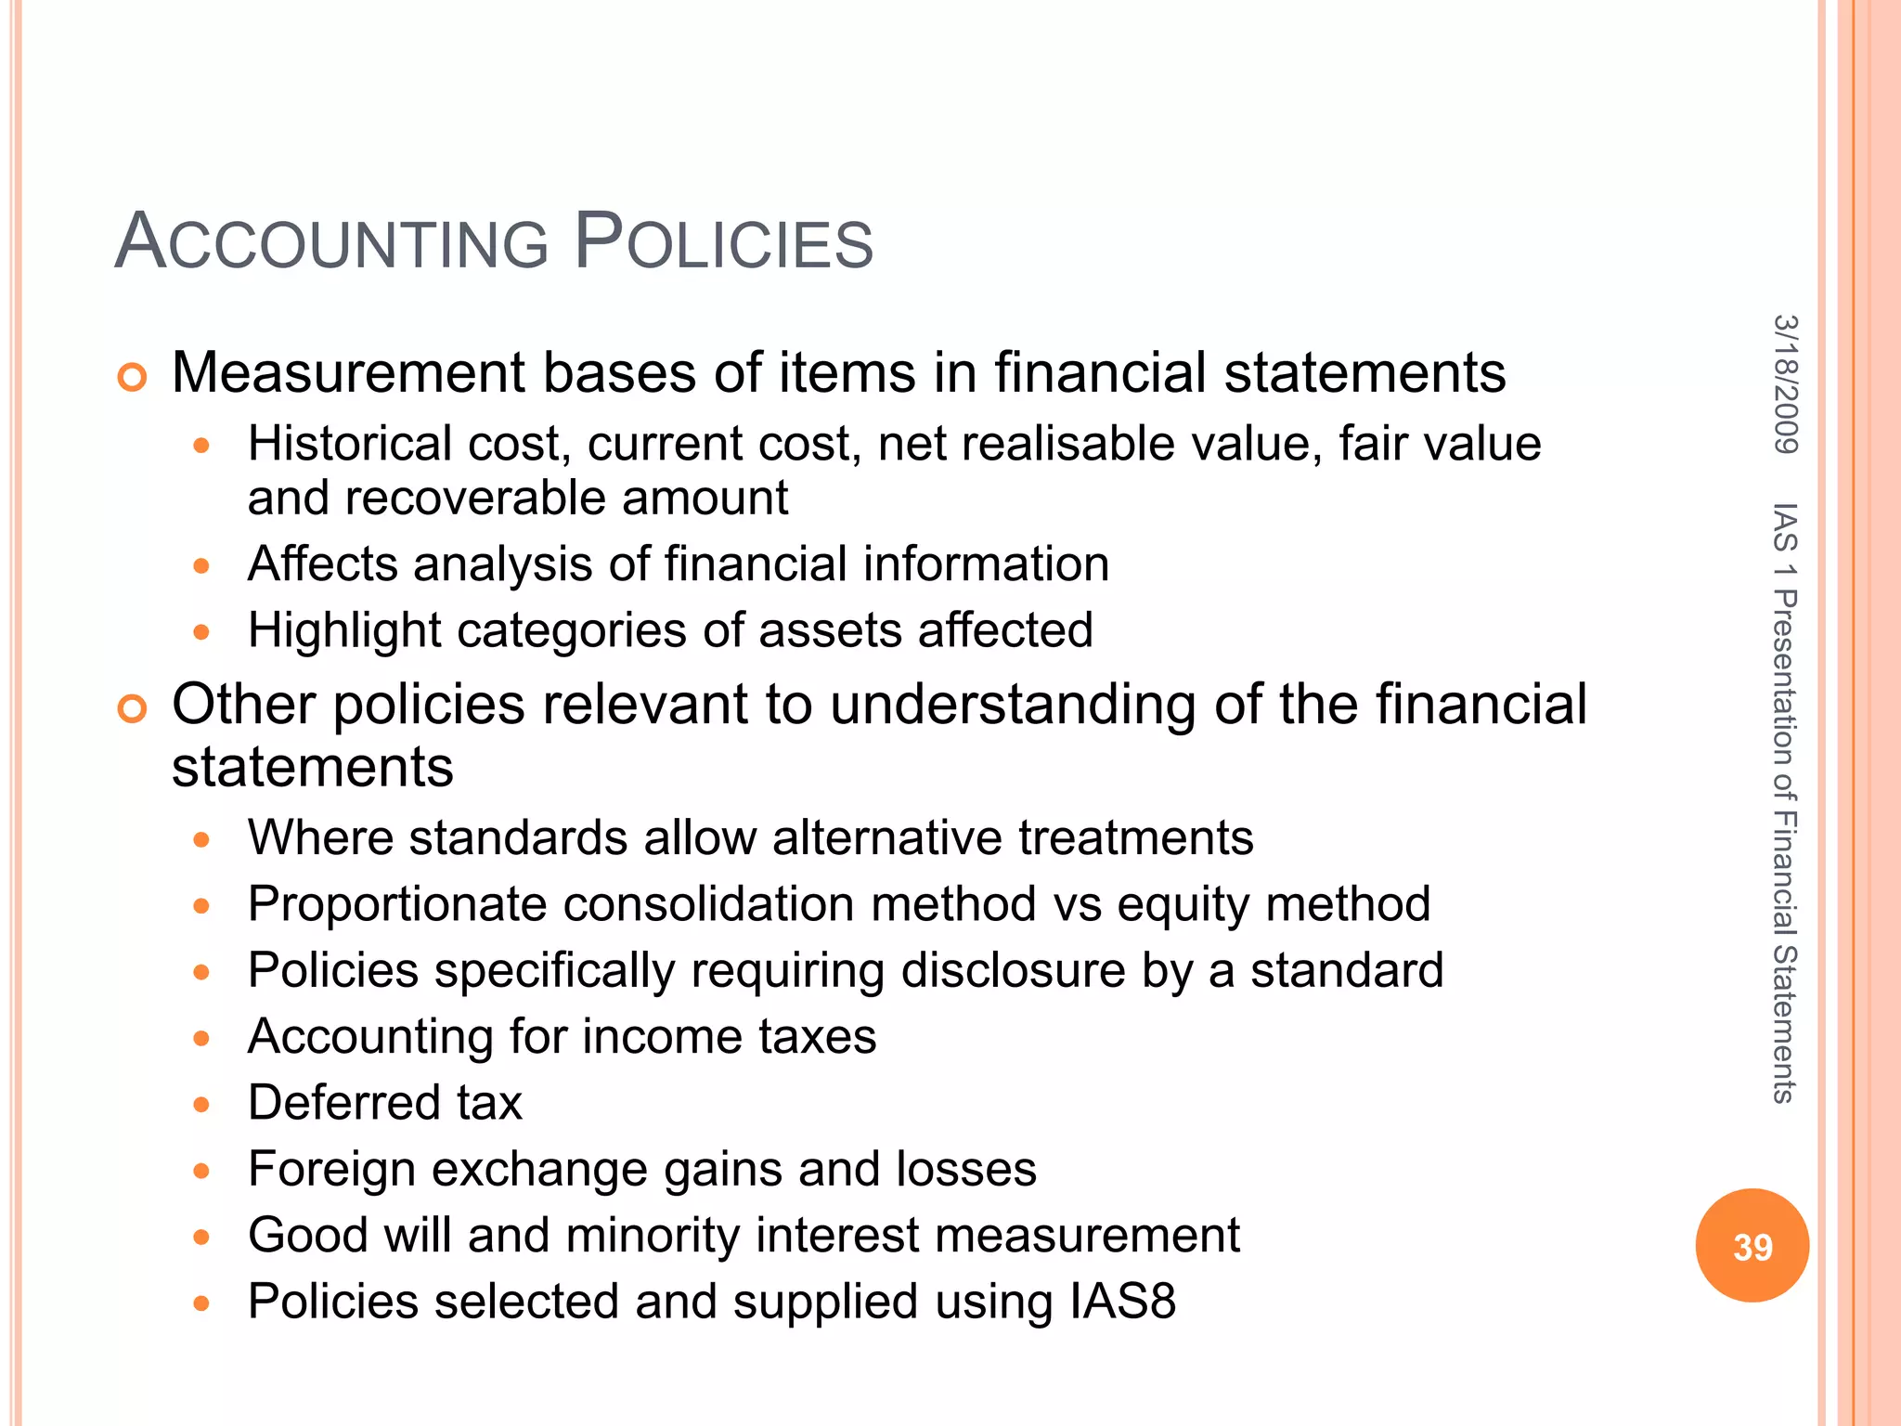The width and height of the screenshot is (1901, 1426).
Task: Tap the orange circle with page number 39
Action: coord(1752,1245)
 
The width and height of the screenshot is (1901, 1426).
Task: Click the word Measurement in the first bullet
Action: coord(349,373)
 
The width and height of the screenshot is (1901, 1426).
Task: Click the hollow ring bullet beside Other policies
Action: coord(133,709)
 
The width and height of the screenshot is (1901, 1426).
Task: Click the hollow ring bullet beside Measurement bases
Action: coord(133,377)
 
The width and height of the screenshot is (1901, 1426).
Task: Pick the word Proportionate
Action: coord(397,904)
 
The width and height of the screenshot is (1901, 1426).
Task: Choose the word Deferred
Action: coord(343,1103)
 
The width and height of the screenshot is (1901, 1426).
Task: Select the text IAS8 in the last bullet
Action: coord(1122,1302)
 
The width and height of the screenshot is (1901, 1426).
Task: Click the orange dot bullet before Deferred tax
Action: coord(201,1105)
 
